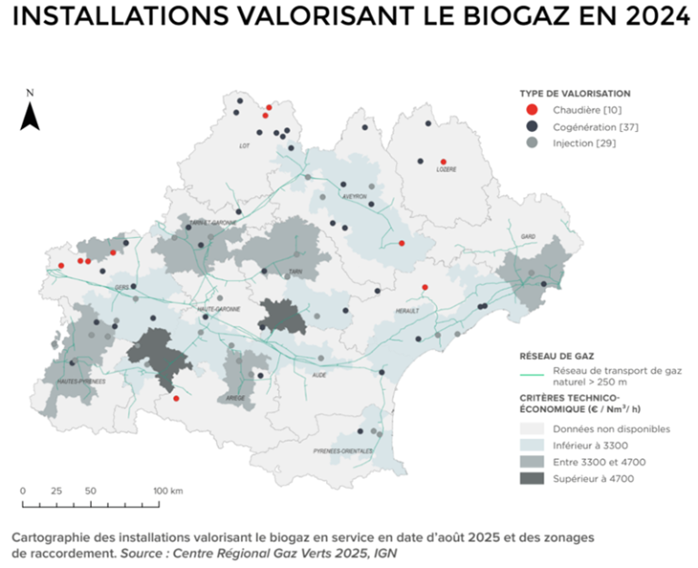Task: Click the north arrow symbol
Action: pyautogui.click(x=30, y=115)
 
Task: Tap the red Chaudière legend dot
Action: pyautogui.click(x=533, y=110)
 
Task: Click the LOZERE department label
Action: pyautogui.click(x=445, y=169)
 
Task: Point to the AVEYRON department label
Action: pyautogui.click(x=354, y=196)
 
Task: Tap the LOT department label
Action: pyautogui.click(x=244, y=145)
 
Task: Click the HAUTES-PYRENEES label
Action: pyautogui.click(x=79, y=382)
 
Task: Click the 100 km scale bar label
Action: pyautogui.click(x=169, y=491)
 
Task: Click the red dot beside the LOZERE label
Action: pyautogui.click(x=444, y=161)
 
